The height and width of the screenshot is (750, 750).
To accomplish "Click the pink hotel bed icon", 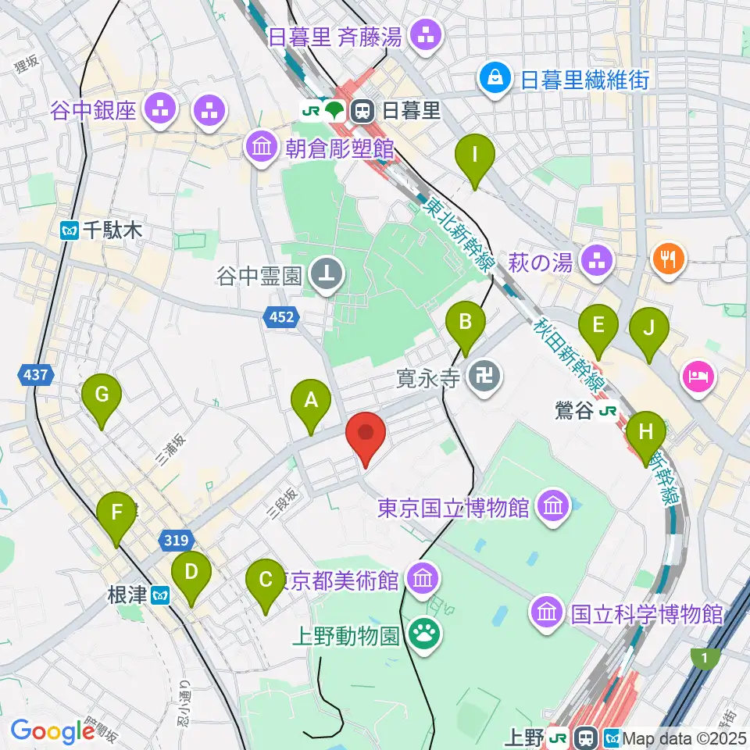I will click(x=697, y=376).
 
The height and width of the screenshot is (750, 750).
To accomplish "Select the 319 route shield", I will click(x=176, y=538).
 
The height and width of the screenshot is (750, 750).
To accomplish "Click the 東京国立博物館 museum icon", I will click(x=554, y=508).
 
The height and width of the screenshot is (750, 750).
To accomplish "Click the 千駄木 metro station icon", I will click(x=70, y=230).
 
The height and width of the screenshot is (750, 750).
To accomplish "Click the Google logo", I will click(x=52, y=731).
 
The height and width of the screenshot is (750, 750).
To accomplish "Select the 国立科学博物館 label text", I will click(x=646, y=612).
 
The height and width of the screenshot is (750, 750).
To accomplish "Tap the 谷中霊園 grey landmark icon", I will click(x=322, y=274).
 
